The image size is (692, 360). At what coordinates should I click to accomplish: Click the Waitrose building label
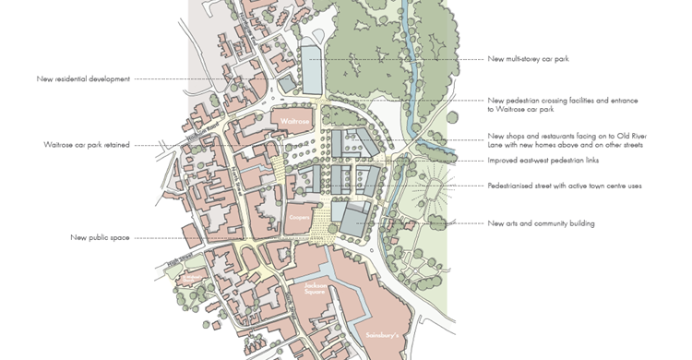tap(292, 120)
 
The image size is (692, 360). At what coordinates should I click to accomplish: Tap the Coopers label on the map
tap(298, 217)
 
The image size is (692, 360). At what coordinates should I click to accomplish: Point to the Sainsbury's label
tap(381, 334)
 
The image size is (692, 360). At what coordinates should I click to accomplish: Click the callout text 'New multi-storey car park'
tap(528, 59)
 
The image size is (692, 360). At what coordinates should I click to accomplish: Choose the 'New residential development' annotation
tap(83, 78)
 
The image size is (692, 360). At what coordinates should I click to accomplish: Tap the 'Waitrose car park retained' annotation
tap(86, 145)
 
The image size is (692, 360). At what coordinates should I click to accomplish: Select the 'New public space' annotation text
tap(100, 237)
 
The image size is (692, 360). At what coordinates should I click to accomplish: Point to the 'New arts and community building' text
tap(541, 222)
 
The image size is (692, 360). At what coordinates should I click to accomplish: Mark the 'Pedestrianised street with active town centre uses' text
tap(564, 186)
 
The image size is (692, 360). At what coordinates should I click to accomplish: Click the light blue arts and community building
tap(350, 217)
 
